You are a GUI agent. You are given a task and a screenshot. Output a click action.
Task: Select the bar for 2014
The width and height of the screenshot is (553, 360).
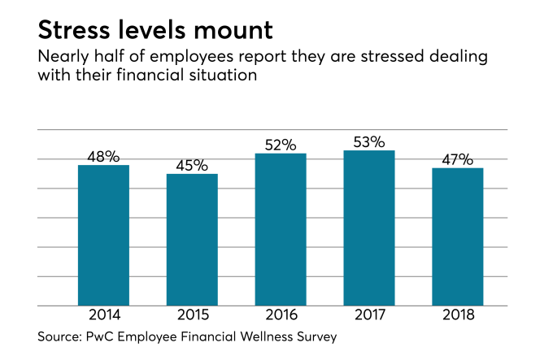(x=103, y=235)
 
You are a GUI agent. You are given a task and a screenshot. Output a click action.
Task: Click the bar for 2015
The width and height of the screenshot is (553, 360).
(x=192, y=240)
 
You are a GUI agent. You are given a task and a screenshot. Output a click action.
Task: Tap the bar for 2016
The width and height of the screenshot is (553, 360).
(x=281, y=229)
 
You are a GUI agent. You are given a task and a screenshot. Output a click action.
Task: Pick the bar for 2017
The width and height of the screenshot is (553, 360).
(x=369, y=228)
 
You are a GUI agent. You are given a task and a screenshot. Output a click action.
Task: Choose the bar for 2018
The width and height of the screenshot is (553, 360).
(x=458, y=236)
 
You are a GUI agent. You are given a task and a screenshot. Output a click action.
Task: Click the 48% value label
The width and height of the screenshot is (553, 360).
(x=103, y=156)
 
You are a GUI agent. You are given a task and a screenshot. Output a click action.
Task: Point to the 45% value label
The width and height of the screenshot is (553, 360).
(x=192, y=165)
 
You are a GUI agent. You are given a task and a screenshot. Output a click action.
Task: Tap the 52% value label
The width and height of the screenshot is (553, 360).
(x=281, y=145)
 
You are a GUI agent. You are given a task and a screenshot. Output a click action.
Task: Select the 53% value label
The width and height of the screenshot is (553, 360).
(x=369, y=141)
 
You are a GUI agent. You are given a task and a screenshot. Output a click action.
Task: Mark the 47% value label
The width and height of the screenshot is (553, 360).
(x=458, y=159)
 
